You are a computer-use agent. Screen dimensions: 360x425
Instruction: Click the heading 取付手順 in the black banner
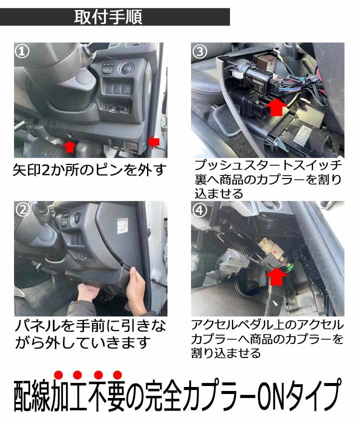[108, 17]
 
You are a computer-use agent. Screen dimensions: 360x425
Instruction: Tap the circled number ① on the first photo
[22, 51]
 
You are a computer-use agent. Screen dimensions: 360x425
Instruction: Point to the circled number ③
[200, 51]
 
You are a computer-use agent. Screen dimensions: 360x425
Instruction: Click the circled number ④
[200, 209]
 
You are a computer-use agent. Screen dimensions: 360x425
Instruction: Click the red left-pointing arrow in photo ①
[153, 141]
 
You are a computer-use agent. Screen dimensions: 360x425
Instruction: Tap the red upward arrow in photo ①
[70, 146]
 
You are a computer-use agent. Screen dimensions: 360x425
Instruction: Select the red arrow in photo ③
[275, 107]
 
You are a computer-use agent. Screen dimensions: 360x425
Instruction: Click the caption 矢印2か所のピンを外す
[89, 170]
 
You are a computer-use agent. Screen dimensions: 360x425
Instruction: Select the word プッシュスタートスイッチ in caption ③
[268, 165]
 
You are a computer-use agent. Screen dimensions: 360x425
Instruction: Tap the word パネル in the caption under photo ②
[37, 326]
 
